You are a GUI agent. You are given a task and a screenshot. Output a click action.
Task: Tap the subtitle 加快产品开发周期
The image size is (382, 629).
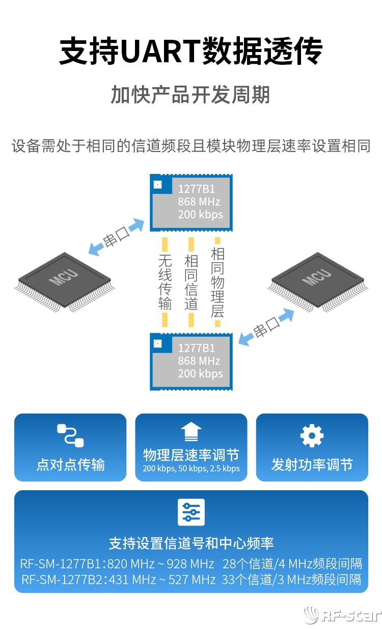tap(190, 95)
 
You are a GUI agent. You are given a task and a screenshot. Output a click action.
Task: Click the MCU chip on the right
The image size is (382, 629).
tap(317, 280)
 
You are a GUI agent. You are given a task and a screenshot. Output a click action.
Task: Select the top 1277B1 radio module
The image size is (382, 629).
tap(191, 203)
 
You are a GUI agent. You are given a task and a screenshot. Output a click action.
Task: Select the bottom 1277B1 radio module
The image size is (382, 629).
tap(191, 362)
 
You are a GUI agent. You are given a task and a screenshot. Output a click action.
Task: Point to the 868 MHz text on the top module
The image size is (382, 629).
tap(199, 202)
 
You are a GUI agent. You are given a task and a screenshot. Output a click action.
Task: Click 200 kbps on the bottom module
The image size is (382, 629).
tap(200, 373)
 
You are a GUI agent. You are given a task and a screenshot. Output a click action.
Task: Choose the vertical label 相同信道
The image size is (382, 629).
tap(191, 283)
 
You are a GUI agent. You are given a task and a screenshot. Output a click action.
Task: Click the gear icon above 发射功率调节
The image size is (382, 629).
tap(312, 436)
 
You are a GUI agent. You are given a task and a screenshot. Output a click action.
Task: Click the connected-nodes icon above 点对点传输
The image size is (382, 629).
tap(70, 435)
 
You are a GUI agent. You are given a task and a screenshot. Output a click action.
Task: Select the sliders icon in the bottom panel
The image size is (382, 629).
tap(191, 512)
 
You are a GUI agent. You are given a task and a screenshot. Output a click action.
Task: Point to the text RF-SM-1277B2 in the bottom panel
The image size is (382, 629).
tap(61, 580)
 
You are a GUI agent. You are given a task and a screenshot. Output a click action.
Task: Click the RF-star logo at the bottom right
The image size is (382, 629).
tap(342, 616)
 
